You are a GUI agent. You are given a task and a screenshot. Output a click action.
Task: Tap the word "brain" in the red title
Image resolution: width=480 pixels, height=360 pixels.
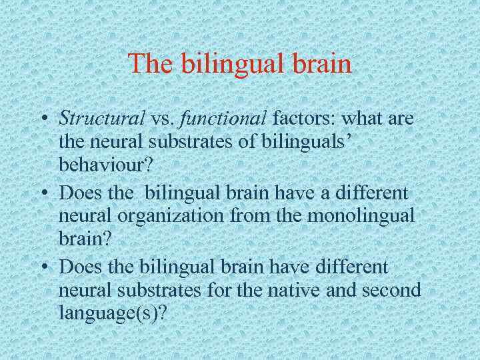[x=321, y=65]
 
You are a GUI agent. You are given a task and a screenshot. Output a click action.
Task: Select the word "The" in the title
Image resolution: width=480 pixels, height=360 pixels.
[x=151, y=65]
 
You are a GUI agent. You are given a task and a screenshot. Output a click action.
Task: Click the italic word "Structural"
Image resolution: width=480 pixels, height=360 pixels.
[x=102, y=119]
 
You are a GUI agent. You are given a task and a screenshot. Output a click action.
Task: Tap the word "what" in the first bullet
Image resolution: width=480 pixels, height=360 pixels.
[x=362, y=119]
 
